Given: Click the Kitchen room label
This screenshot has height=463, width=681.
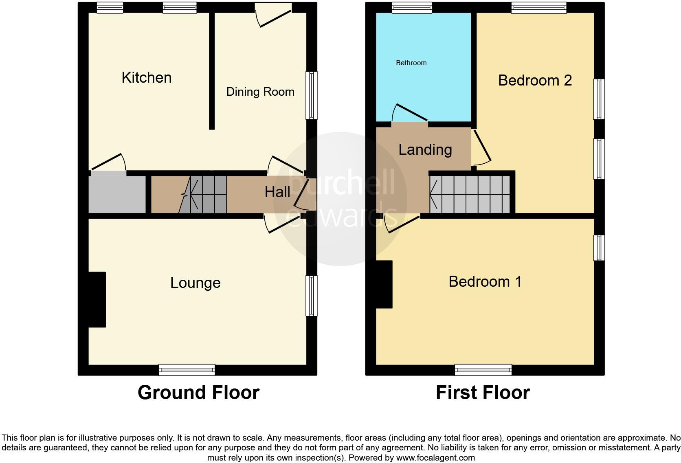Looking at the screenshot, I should [x=147, y=77].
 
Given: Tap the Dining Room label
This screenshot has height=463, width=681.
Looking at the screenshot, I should [x=260, y=92].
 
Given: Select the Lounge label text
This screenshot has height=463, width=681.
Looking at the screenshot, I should [x=195, y=283].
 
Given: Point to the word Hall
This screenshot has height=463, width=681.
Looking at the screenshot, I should [x=277, y=192].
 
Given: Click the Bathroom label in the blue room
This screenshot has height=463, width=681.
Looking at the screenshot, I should [x=411, y=63].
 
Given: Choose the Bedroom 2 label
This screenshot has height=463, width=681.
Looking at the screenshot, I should [x=535, y=80].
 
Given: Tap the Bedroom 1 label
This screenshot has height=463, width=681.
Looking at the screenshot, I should [x=485, y=281].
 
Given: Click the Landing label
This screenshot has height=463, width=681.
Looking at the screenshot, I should [x=425, y=149].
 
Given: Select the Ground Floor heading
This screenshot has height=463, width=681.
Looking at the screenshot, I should [x=198, y=393].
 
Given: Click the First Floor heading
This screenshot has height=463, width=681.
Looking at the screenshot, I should [x=483, y=393].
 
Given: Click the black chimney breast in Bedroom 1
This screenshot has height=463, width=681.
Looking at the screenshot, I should [x=384, y=284].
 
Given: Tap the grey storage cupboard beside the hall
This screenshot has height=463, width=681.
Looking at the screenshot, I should [x=117, y=194].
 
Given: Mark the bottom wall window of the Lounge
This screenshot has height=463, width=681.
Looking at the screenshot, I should [x=187, y=370].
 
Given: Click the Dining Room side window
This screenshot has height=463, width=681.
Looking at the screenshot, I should [x=311, y=95].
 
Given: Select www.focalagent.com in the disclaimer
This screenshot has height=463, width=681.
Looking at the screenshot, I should [x=435, y=458].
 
